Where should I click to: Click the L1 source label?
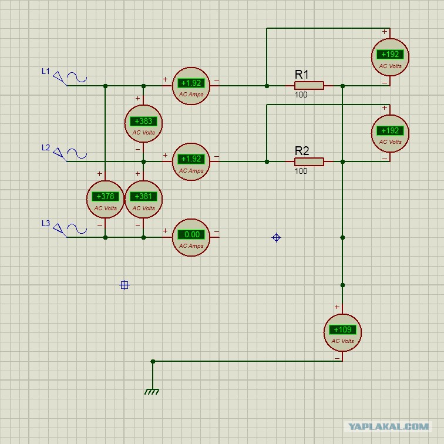point(46,72)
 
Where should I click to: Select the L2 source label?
point(46,147)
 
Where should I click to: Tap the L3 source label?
point(46,223)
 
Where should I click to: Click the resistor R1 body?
point(309,86)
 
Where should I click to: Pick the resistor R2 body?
point(309,162)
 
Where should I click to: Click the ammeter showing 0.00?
point(191,238)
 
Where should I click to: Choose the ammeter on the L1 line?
point(191,86)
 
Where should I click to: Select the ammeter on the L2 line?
point(191,162)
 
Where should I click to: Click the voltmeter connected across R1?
point(390,57)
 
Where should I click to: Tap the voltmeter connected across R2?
point(390,133)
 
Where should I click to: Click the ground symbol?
point(152,392)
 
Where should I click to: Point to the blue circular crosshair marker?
point(277,237)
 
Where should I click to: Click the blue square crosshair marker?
point(125,285)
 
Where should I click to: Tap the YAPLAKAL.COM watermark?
point(388,427)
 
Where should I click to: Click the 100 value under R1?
point(301,95)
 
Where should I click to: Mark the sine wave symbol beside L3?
point(77,229)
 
